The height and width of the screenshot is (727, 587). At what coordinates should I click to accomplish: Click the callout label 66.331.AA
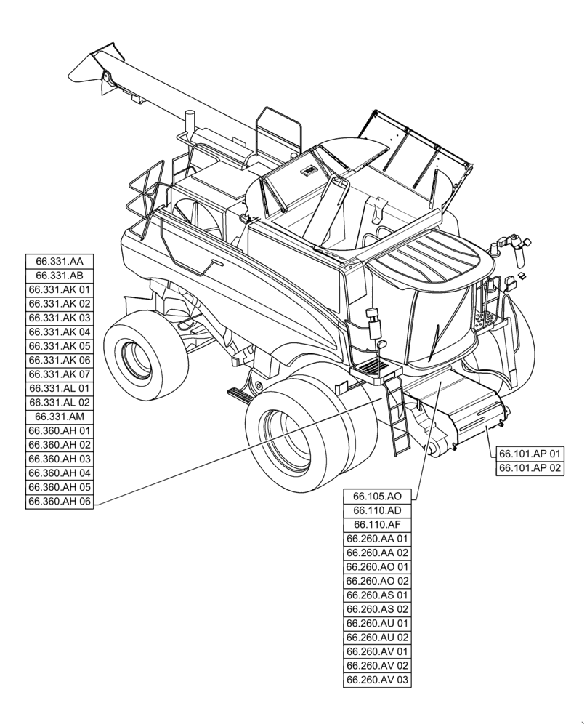pyautogui.click(x=60, y=261)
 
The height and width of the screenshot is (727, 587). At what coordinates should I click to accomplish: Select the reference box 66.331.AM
pyautogui.click(x=60, y=417)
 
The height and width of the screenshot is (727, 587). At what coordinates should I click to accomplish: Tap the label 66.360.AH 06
pyautogui.click(x=60, y=502)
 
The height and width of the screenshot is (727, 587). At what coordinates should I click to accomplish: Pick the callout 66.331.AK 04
pyautogui.click(x=60, y=332)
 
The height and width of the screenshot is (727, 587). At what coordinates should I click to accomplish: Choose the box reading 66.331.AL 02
pyautogui.click(x=60, y=403)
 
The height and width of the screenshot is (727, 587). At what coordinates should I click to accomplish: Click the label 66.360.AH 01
pyautogui.click(x=60, y=431)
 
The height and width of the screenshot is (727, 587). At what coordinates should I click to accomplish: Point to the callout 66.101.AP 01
pyautogui.click(x=530, y=454)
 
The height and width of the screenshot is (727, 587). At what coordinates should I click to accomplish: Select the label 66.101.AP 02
pyautogui.click(x=530, y=468)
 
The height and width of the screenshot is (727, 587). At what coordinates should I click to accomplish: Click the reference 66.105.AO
pyautogui.click(x=377, y=496)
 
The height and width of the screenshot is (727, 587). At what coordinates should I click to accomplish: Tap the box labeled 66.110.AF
pyautogui.click(x=377, y=525)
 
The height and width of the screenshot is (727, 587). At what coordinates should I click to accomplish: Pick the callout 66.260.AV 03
pyautogui.click(x=377, y=680)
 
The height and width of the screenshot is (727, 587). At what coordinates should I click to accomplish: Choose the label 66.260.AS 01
pyautogui.click(x=377, y=595)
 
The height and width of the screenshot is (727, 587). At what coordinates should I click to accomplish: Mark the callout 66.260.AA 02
pyautogui.click(x=377, y=553)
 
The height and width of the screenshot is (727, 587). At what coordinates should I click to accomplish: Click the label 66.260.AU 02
pyautogui.click(x=377, y=638)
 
